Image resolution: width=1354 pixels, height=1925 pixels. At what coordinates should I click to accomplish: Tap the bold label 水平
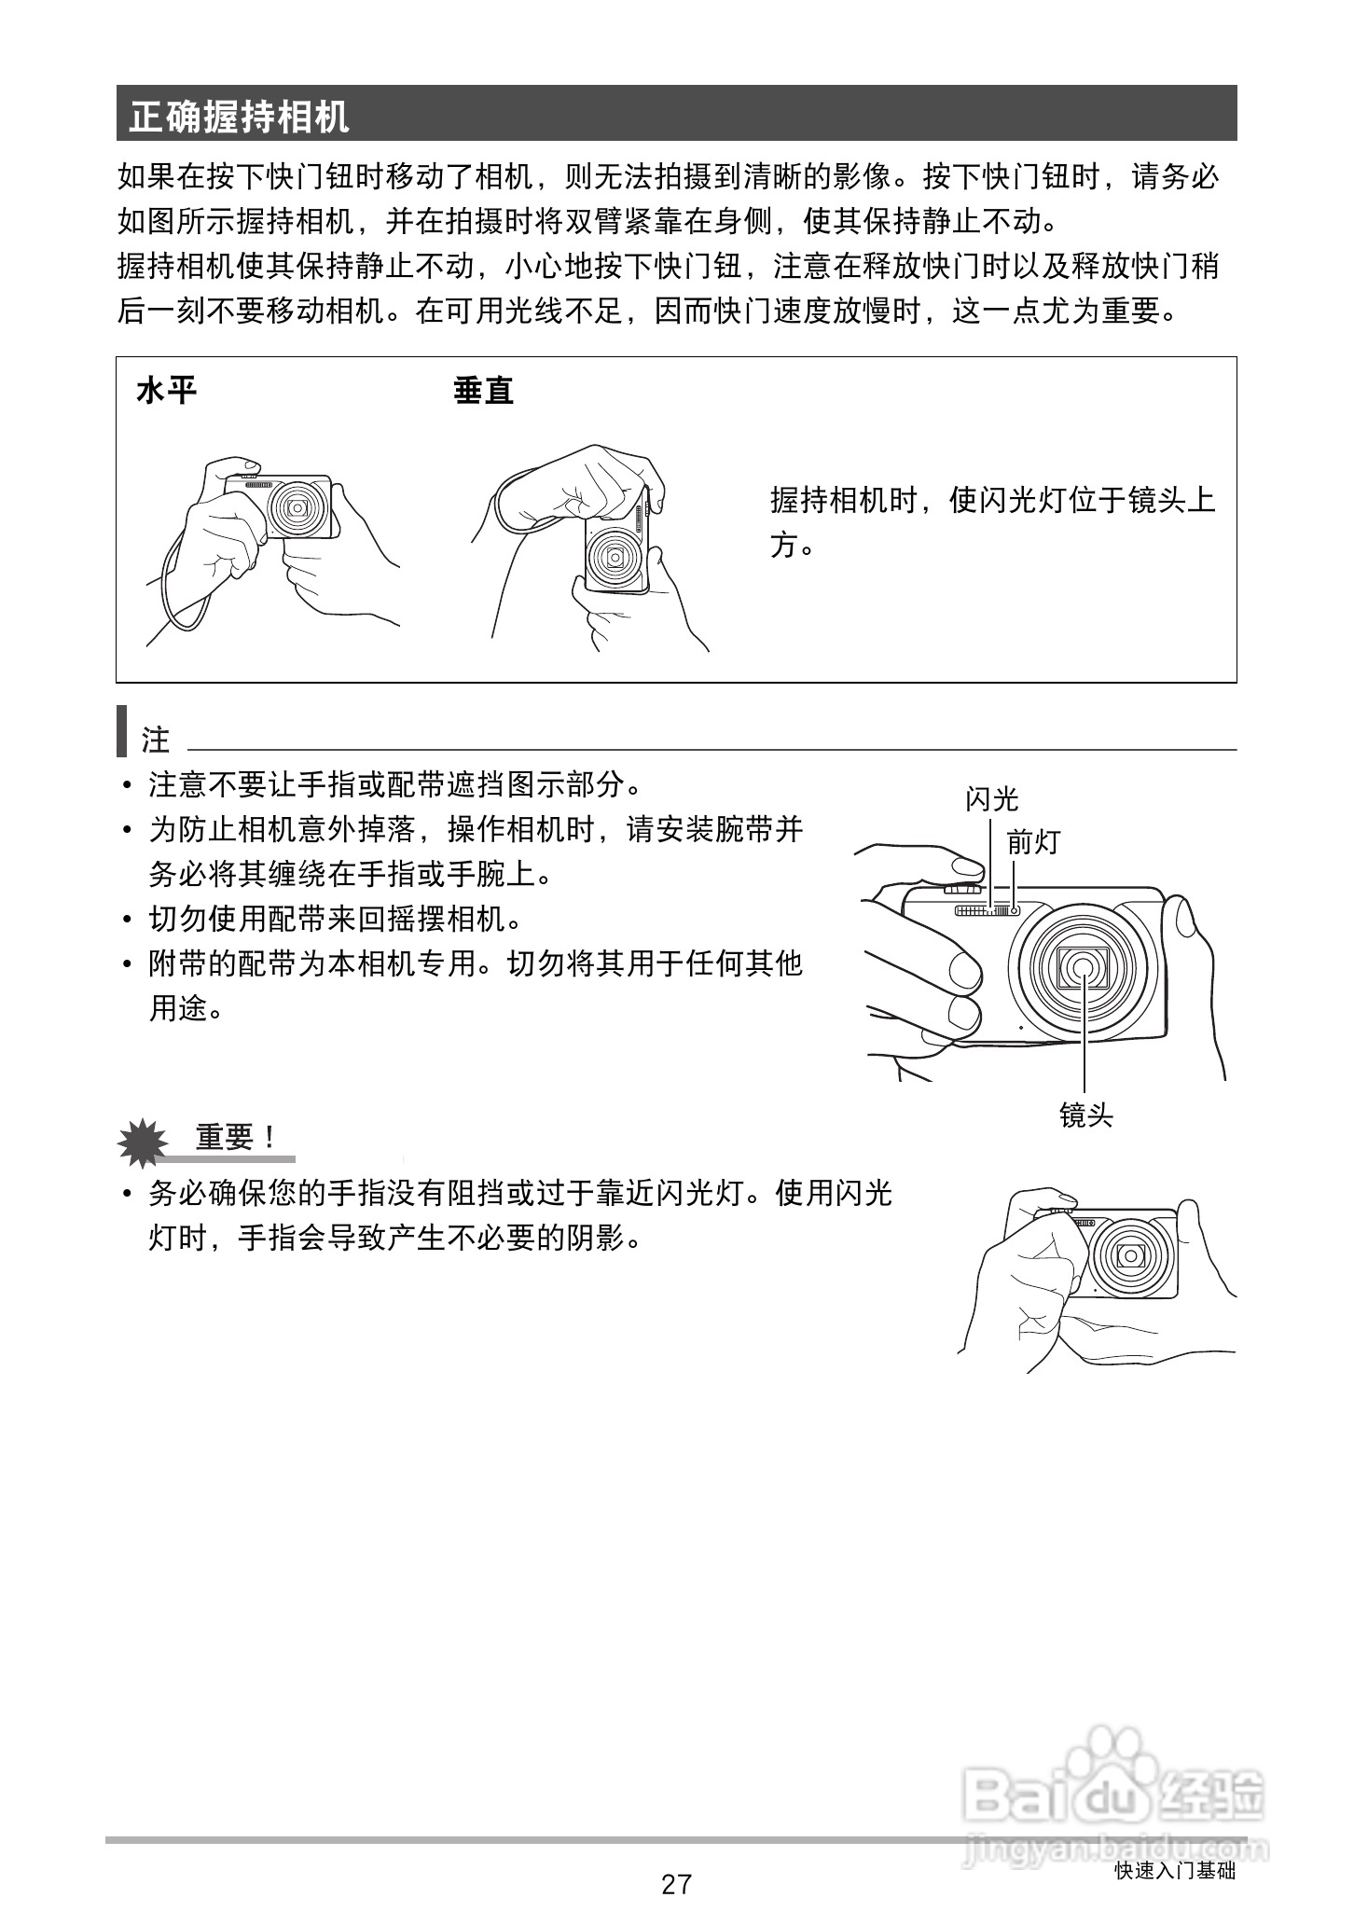click(x=166, y=390)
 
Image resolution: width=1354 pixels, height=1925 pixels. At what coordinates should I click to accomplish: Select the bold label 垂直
click(x=483, y=390)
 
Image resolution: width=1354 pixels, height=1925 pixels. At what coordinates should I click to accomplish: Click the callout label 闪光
click(x=991, y=798)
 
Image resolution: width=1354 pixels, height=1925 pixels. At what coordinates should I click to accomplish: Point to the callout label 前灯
click(x=1033, y=842)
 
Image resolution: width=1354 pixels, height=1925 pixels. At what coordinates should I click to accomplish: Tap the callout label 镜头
click(x=1085, y=1115)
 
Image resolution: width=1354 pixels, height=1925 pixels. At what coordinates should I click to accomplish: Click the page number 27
click(x=676, y=1884)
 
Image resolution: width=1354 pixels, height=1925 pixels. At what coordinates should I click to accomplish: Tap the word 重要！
click(x=236, y=1137)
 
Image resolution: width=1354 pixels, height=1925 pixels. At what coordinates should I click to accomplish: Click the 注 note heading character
click(x=156, y=740)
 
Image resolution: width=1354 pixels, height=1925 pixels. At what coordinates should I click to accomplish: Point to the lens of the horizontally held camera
click(x=298, y=506)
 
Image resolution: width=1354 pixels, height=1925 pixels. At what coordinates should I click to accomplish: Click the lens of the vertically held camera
click(x=615, y=559)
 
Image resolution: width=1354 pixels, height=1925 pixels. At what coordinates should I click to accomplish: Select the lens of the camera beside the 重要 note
click(x=1132, y=1254)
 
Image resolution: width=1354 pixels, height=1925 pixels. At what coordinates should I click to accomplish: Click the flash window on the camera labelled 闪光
click(x=981, y=910)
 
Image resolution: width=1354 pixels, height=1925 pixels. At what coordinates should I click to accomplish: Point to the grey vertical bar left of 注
click(x=121, y=732)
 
